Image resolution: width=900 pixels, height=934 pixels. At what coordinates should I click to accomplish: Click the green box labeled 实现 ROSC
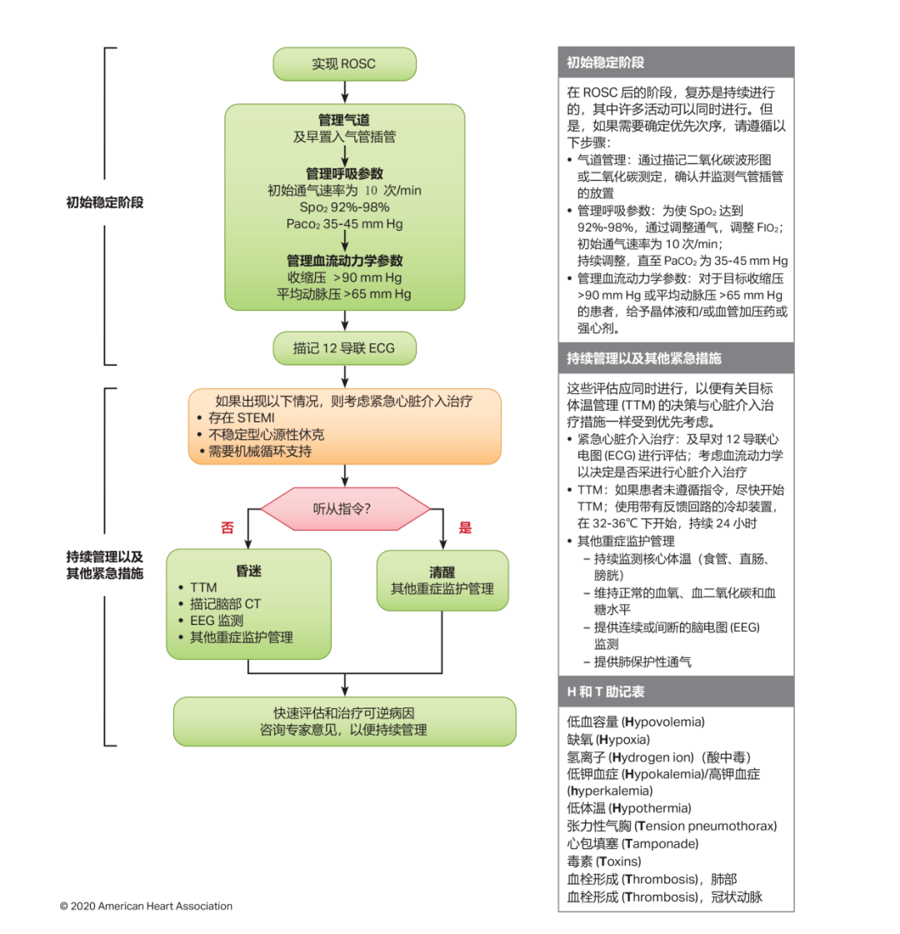(344, 64)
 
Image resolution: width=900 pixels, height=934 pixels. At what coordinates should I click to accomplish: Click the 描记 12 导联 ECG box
(344, 348)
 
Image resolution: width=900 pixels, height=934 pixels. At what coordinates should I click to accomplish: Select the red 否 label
(227, 528)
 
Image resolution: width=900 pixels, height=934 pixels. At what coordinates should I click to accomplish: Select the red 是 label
(465, 527)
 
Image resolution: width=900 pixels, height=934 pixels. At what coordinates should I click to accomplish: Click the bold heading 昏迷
(248, 571)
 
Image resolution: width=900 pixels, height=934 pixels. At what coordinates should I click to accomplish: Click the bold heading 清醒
(442, 572)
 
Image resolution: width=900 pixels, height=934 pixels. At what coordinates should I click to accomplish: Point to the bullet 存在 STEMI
(241, 417)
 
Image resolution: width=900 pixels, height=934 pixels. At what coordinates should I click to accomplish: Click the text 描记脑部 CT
(225, 604)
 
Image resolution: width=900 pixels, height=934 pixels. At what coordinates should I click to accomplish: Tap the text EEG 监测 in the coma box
(217, 621)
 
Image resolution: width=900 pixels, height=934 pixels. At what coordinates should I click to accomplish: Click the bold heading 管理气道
(344, 120)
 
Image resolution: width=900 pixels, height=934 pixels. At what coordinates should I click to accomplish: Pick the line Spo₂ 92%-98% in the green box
(344, 207)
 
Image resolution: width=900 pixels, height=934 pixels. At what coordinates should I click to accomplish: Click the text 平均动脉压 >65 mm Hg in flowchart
(344, 294)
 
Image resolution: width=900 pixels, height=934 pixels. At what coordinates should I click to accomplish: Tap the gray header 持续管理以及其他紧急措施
(644, 358)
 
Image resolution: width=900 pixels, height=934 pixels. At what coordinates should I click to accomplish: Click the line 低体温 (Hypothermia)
(629, 808)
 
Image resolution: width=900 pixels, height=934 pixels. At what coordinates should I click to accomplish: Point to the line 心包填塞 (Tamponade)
(632, 843)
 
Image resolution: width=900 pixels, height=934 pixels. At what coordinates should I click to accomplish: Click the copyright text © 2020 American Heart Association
(146, 906)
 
